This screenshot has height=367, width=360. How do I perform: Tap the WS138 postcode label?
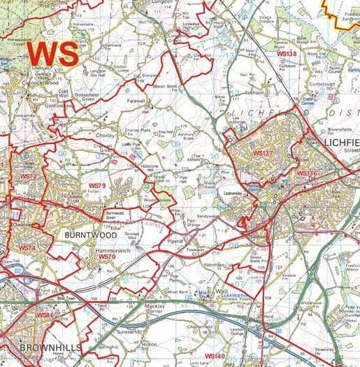point(287,54)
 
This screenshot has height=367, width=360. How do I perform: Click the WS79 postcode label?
point(96,186)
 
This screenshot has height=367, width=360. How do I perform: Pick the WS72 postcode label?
point(27,177)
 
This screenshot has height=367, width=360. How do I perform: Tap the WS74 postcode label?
point(27,248)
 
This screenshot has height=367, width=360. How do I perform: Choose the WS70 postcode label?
point(107,257)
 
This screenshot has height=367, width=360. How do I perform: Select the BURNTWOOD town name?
point(86,236)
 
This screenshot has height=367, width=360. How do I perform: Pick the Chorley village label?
point(104,136)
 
